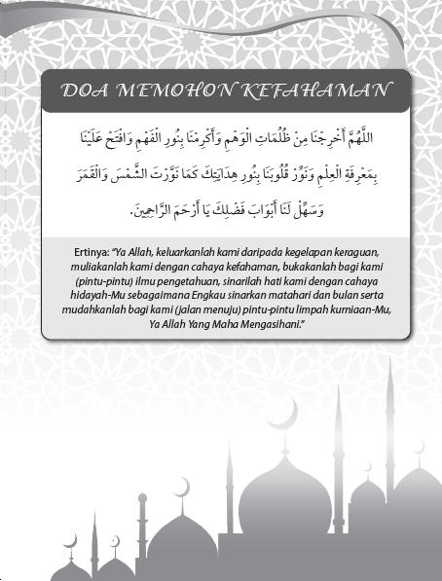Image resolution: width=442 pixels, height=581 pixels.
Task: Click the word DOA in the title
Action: (86, 91)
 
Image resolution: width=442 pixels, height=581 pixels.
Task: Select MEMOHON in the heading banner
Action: (166, 91)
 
